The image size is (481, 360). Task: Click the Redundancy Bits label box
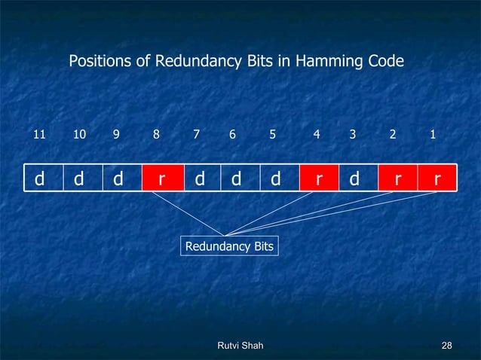tap(229, 246)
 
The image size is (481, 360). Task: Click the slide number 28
tap(446, 345)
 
